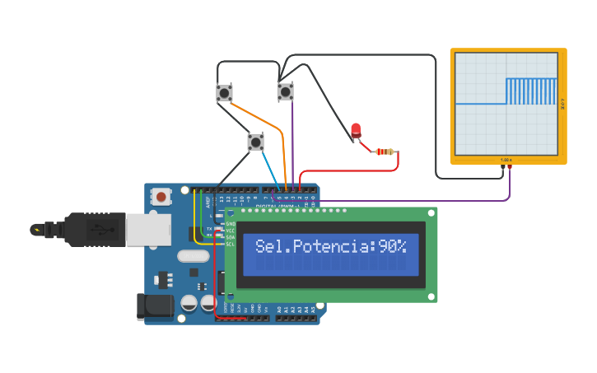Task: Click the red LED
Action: click(356, 129)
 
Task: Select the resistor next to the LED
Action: click(385, 152)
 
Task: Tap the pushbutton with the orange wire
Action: click(224, 92)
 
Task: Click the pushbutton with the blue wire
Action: click(256, 142)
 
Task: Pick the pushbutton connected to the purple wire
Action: click(285, 91)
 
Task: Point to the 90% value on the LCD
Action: click(392, 246)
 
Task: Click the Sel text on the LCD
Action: click(271, 246)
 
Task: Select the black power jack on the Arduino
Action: click(154, 306)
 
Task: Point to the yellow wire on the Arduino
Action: click(195, 218)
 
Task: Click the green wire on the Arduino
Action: click(203, 214)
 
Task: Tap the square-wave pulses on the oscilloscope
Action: click(532, 91)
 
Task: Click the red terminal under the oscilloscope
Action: click(510, 167)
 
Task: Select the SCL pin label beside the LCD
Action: click(231, 244)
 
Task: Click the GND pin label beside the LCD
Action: click(231, 224)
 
